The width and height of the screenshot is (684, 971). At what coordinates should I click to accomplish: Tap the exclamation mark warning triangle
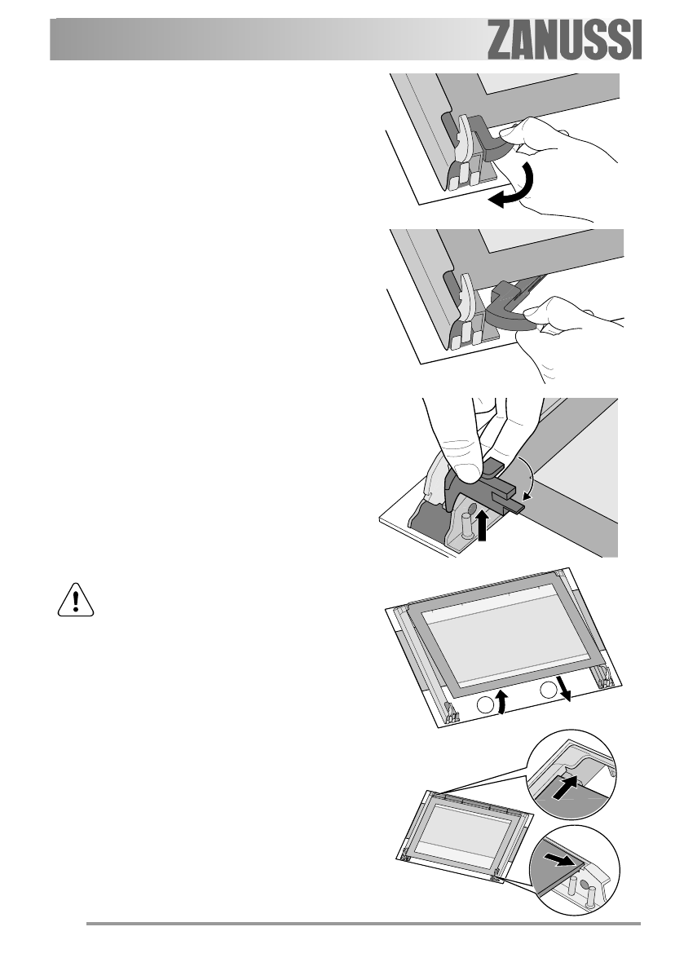pyautogui.click(x=75, y=602)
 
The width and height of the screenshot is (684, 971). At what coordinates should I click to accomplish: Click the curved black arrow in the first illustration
pyautogui.click(x=510, y=189)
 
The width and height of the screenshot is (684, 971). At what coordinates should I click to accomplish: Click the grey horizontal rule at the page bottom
pyautogui.click(x=364, y=925)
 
